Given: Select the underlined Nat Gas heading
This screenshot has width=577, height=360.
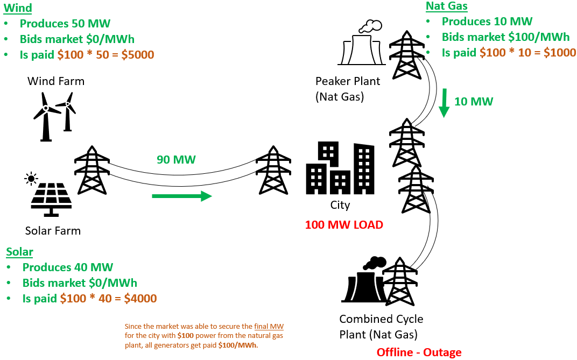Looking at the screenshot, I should point(446,6).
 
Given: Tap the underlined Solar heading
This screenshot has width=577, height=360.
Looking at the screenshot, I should point(19,252).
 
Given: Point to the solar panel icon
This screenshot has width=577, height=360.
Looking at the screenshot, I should point(51,195).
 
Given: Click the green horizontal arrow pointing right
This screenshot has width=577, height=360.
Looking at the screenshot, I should point(181,196).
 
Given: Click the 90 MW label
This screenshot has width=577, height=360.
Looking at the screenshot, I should point(176,160).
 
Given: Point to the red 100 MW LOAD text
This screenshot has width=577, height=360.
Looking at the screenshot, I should point(344,225).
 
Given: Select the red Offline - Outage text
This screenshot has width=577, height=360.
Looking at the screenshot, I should point(419,352).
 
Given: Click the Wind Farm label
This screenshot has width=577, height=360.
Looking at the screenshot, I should point(56,81).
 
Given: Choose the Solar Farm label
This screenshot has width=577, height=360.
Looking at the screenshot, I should point(53,231).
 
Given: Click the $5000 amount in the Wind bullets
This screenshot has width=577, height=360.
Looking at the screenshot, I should point(137,54).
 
